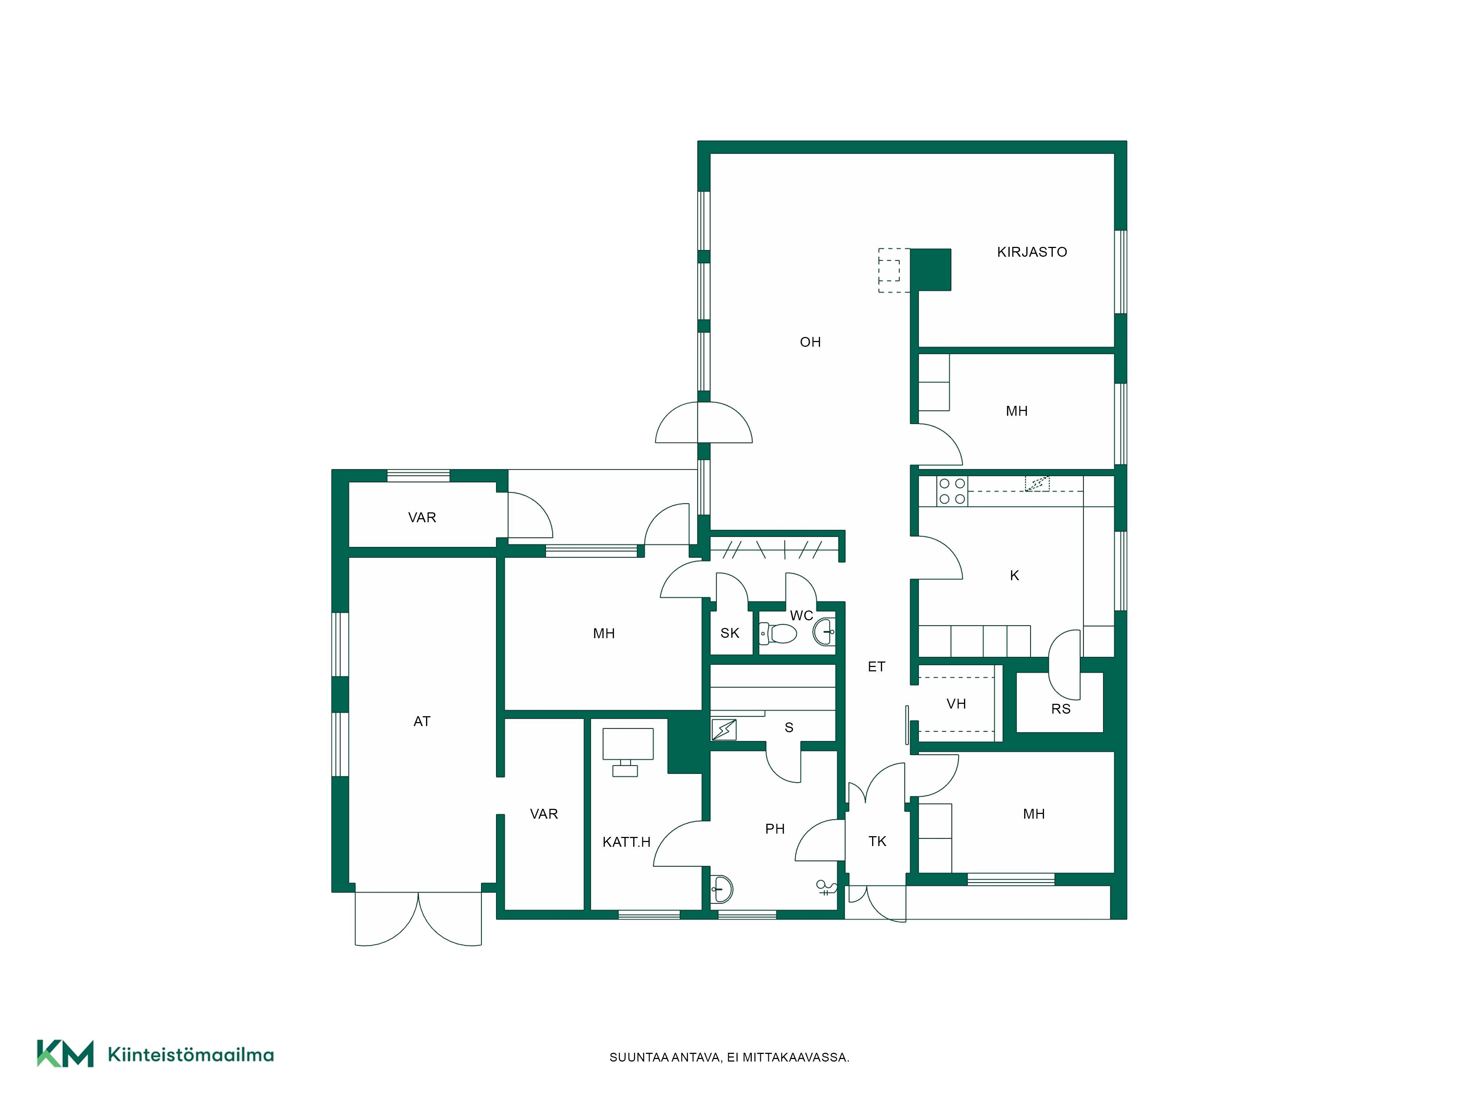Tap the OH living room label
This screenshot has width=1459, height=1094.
click(810, 342)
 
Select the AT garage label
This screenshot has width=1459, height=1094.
click(422, 721)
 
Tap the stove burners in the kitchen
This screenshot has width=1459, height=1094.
click(952, 491)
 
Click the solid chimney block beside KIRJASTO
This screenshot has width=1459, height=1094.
click(931, 270)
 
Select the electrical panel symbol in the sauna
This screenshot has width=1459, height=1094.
click(724, 729)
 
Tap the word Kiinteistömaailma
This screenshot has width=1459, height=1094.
click(191, 1055)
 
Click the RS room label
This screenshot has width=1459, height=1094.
click(1061, 709)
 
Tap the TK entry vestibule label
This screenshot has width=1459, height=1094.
click(877, 841)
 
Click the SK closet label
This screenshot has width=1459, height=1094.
click(729, 633)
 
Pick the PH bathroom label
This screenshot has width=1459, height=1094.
click(775, 829)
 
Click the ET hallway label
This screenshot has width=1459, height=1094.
click(876, 667)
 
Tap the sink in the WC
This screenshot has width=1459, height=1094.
click(824, 632)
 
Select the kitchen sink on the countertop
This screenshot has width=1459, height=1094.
click(1037, 483)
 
